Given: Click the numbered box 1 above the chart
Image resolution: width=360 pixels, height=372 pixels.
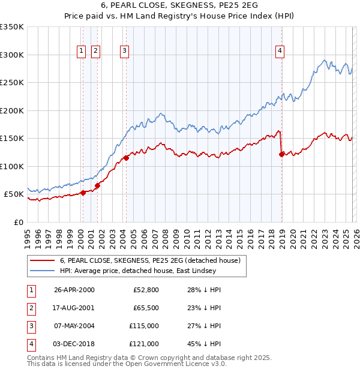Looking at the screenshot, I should coord(81,52).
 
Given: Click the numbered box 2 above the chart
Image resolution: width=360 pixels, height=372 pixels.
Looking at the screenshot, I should coord(95,52).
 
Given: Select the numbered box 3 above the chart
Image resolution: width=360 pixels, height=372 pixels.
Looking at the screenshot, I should coord(124,52).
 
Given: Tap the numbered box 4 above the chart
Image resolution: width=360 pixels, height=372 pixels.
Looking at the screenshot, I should coord(280,52).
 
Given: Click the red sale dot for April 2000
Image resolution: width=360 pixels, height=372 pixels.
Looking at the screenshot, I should coord(83,193).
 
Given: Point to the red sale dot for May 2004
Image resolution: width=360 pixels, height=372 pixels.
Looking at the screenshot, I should coord(126,158).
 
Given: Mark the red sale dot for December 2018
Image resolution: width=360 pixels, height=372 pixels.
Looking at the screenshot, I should coord(281,155).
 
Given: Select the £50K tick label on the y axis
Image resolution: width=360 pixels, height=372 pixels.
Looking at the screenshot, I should coord(14,194).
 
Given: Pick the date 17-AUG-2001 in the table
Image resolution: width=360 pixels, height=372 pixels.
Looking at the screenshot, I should coord(74,307).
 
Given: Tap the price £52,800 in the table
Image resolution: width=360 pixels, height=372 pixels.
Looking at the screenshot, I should coord(145,290).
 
